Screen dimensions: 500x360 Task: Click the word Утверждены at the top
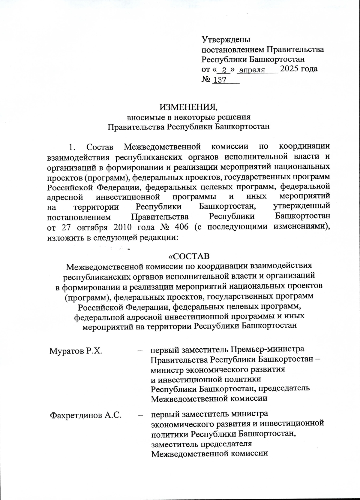pos(226,40)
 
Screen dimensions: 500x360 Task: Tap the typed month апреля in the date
pos(252,70)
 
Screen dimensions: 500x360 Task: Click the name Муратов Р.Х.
pos(76,350)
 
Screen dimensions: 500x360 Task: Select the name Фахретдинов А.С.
pos(85,415)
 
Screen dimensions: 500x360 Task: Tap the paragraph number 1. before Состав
pos(71,147)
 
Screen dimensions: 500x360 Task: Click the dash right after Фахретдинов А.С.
pos(140,415)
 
